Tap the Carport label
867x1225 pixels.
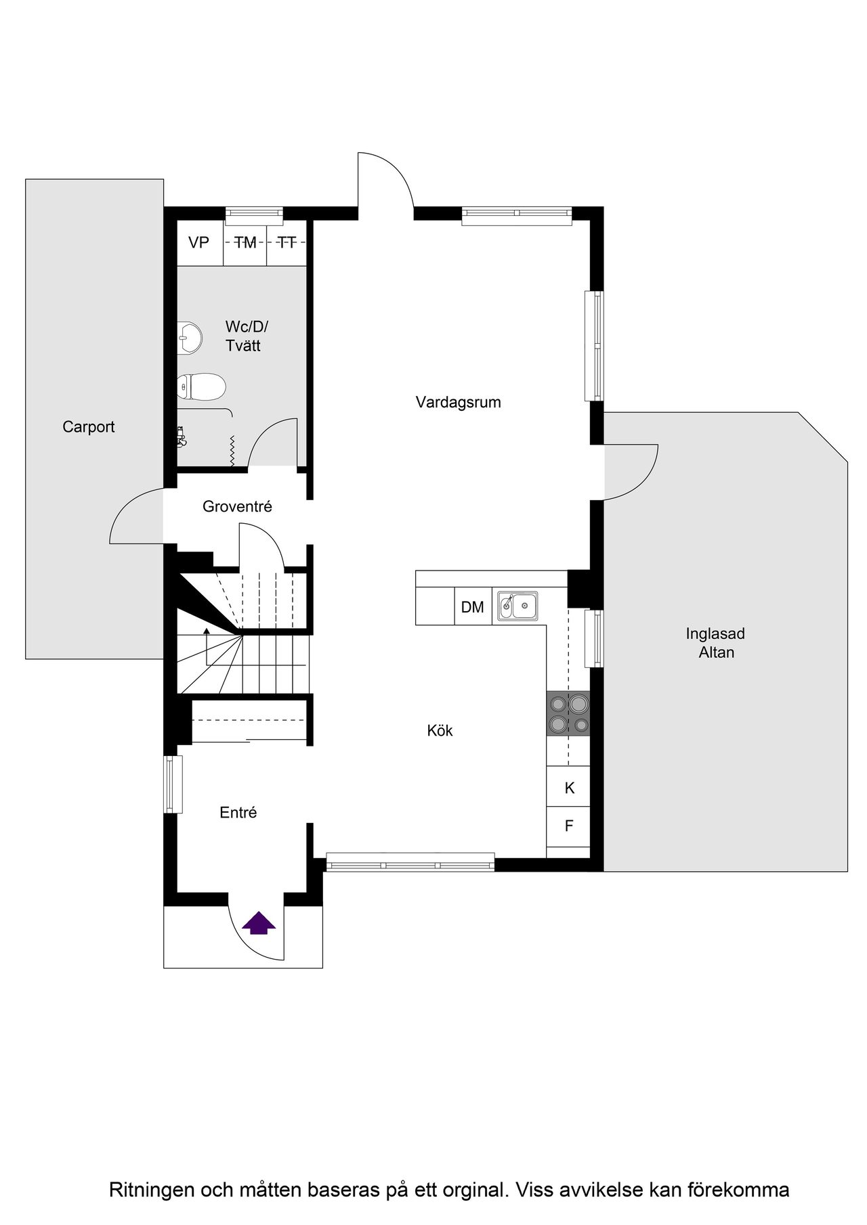(89, 427)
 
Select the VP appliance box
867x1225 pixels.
(199, 242)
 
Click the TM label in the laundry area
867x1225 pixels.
(245, 242)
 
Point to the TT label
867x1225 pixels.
(287, 242)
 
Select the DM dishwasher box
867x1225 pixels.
(473, 607)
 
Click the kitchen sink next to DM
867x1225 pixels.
(518, 606)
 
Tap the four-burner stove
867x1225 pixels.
(568, 714)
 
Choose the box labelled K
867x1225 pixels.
(569, 788)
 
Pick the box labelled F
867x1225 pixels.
(569, 826)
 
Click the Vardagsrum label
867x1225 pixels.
(458, 403)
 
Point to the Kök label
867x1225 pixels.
(440, 731)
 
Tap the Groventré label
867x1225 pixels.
(237, 506)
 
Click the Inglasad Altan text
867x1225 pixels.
(715, 643)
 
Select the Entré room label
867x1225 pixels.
(238, 813)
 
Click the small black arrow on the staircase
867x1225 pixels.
(207, 632)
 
